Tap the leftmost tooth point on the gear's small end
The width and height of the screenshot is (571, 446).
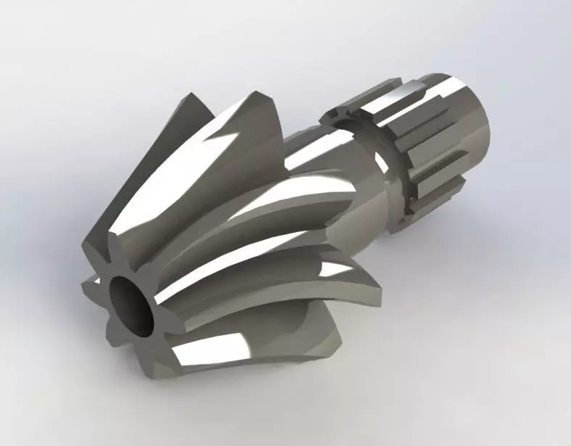pyautogui.click(x=86, y=278)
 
